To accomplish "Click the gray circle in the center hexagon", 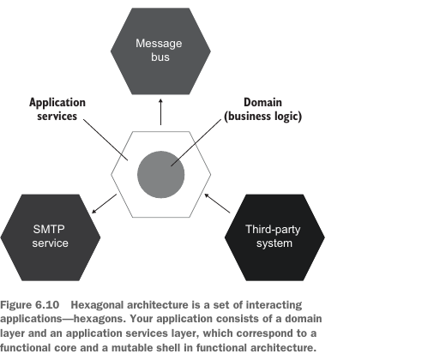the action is tap(160, 175).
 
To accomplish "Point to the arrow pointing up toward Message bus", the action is tap(160, 112).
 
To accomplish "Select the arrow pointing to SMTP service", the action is tap(104, 203).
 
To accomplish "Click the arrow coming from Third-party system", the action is tap(217, 203).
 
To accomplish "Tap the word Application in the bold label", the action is tap(57, 103).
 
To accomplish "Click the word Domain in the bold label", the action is tap(262, 102).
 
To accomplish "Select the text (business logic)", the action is tap(262, 117).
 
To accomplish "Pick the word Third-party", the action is tap(273, 230).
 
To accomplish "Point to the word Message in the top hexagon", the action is tap(159, 44).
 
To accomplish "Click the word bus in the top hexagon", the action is tap(160, 57).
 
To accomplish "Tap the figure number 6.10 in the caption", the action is tap(47, 305).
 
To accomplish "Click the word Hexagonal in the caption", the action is tap(97, 305).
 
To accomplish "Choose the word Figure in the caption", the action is tap(16, 305).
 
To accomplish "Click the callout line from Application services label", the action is tap(105, 140).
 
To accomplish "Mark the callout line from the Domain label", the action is tap(196, 142).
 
